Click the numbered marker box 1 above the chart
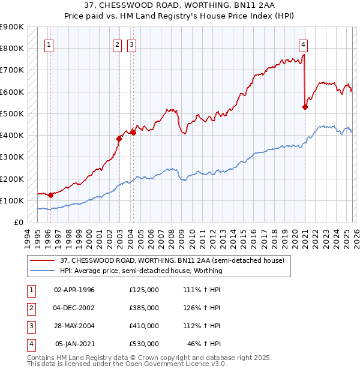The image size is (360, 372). pos(48,44)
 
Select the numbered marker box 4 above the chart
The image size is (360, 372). pos(304,44)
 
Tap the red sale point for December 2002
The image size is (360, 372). pos(119,139)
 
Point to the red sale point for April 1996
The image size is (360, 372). pos(50,195)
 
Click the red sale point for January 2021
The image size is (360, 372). pos(305,107)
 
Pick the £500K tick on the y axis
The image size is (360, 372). pos(13,113)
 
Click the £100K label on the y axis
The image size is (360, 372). pos(13,200)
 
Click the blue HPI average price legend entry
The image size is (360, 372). pos(141,271)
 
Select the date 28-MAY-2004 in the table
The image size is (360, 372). pos(74,326)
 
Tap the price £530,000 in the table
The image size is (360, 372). pos(144,344)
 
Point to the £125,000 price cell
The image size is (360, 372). pos(144,290)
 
